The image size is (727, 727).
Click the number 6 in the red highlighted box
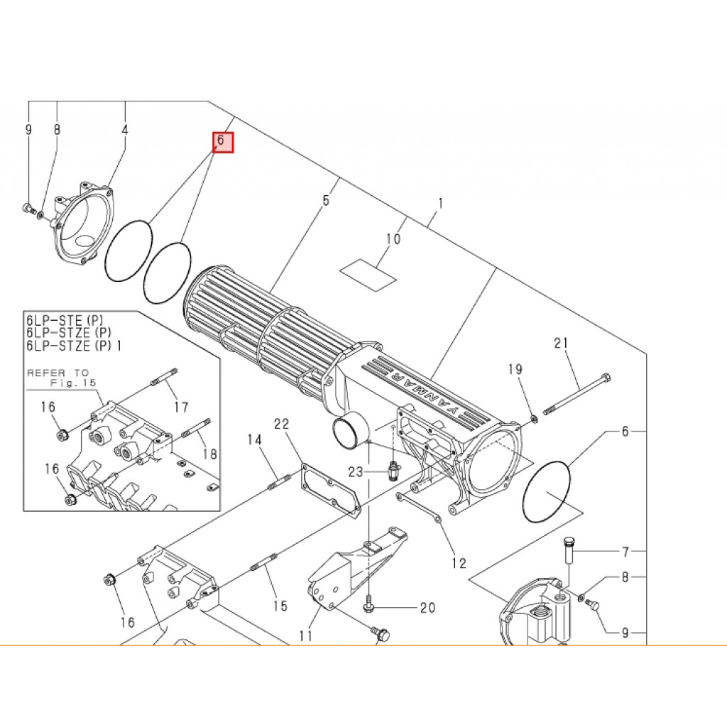pos(221,140)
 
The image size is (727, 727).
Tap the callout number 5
pos(326,200)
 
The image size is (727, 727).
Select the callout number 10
pos(393,239)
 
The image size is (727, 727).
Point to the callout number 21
pos(561,343)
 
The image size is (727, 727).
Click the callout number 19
pos(515,369)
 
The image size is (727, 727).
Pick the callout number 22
pos(281,424)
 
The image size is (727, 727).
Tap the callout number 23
pos(356,472)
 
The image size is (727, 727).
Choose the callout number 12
pos(459,563)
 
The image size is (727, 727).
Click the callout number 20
pos(427,608)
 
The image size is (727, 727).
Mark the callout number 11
pos(306,635)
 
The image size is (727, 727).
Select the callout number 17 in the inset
pos(181,407)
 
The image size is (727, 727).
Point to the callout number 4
pos(125,129)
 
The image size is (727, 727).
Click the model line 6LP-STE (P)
pos(65,320)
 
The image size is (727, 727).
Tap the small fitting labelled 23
pos(392,471)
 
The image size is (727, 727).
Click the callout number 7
pos(625,552)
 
